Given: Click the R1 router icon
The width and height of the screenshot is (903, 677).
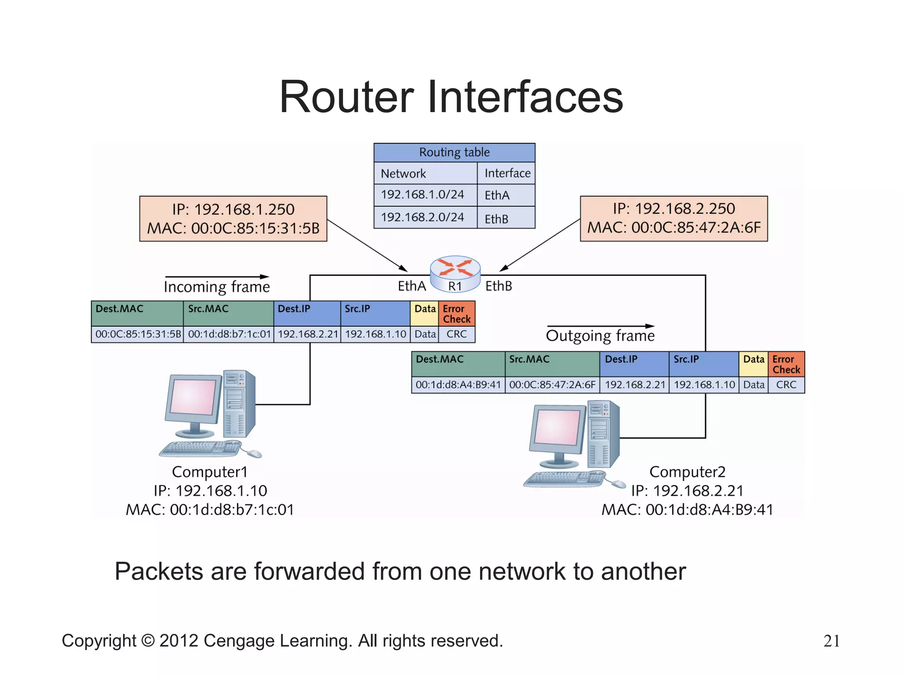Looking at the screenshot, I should pyautogui.click(x=455, y=273).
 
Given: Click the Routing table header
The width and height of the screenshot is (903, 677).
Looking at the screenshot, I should pyautogui.click(x=454, y=153).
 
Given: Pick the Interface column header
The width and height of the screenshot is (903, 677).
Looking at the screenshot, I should pyautogui.click(x=507, y=173).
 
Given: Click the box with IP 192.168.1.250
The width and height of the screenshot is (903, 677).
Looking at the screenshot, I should pyautogui.click(x=233, y=219).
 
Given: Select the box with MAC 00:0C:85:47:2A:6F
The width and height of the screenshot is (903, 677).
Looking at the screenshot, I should pyautogui.click(x=673, y=219).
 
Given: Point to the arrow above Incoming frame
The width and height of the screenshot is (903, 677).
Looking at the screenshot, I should pyautogui.click(x=217, y=277).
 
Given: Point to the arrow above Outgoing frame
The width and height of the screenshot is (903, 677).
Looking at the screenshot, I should pyautogui.click(x=601, y=326).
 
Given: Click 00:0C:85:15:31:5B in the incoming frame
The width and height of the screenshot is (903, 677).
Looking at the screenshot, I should pyautogui.click(x=138, y=334).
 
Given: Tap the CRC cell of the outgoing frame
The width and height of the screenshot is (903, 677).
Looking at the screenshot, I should pyautogui.click(x=786, y=385).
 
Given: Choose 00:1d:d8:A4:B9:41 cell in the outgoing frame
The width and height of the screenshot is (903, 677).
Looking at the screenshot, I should pyautogui.click(x=458, y=385).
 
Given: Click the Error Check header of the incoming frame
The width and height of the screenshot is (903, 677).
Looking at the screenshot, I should pyautogui.click(x=456, y=314).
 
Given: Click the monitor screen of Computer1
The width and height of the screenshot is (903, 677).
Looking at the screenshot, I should pyautogui.click(x=193, y=397).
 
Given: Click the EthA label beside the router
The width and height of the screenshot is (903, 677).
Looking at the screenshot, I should pyautogui.click(x=412, y=286).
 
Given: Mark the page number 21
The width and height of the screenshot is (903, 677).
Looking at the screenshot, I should pyautogui.click(x=831, y=641).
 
